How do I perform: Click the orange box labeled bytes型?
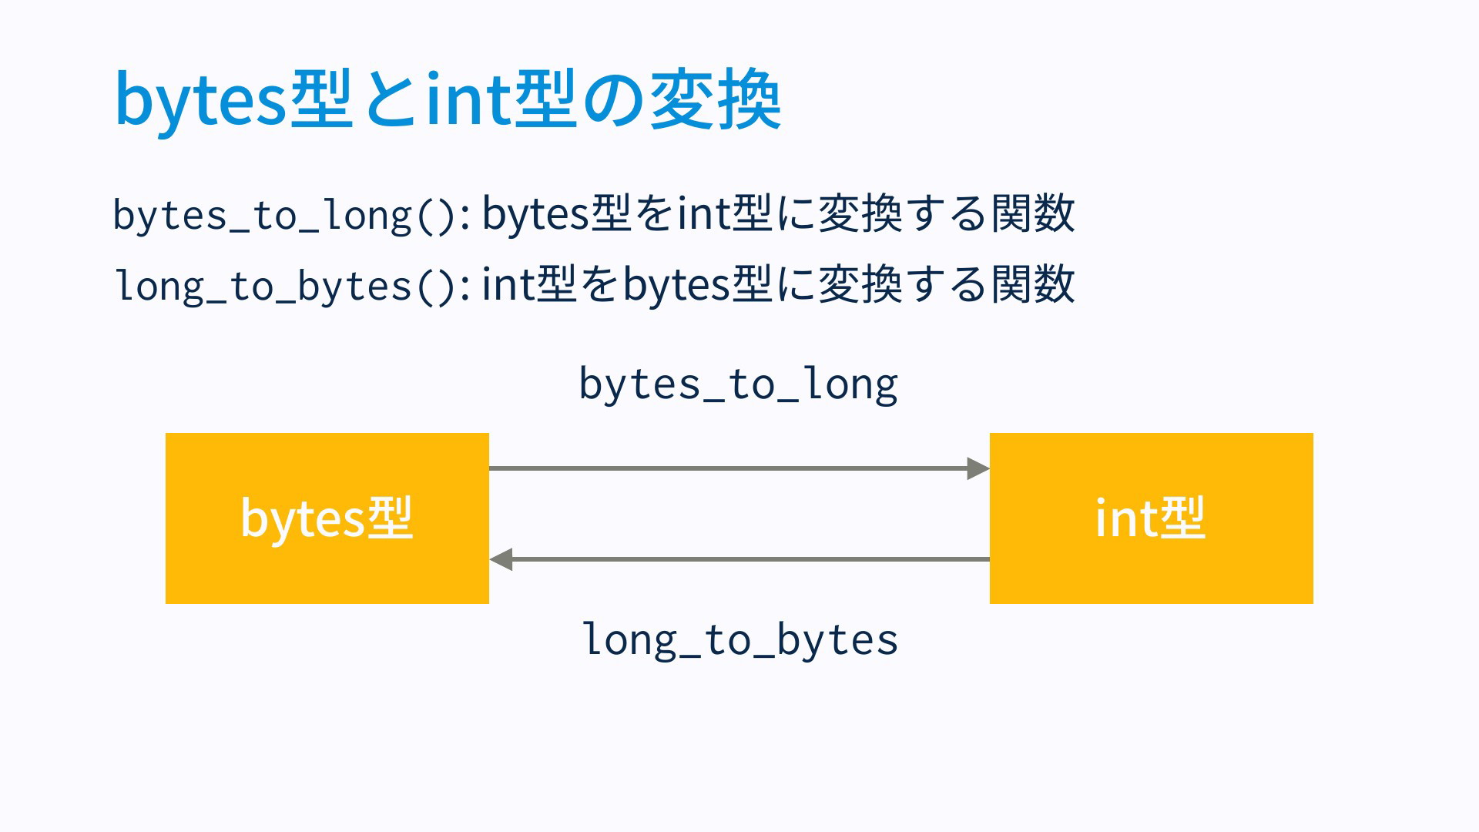click(x=327, y=518)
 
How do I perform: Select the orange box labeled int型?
click(x=1152, y=518)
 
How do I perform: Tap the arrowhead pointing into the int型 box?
click(x=978, y=468)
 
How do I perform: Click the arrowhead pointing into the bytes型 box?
click(x=501, y=559)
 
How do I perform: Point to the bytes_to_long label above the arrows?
click(x=738, y=384)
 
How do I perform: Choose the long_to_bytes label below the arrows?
click(x=739, y=640)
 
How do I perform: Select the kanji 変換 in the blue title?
click(x=716, y=99)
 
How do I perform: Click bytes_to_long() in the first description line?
click(x=292, y=215)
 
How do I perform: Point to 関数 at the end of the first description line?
click(x=1033, y=213)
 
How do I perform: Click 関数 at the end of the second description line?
click(x=1033, y=284)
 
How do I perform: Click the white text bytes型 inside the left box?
click(x=327, y=518)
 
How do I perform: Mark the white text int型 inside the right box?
click(x=1150, y=518)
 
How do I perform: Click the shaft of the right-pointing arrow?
click(x=728, y=468)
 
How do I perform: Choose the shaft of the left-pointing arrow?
click(x=751, y=559)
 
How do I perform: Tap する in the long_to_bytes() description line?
click(x=947, y=284)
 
